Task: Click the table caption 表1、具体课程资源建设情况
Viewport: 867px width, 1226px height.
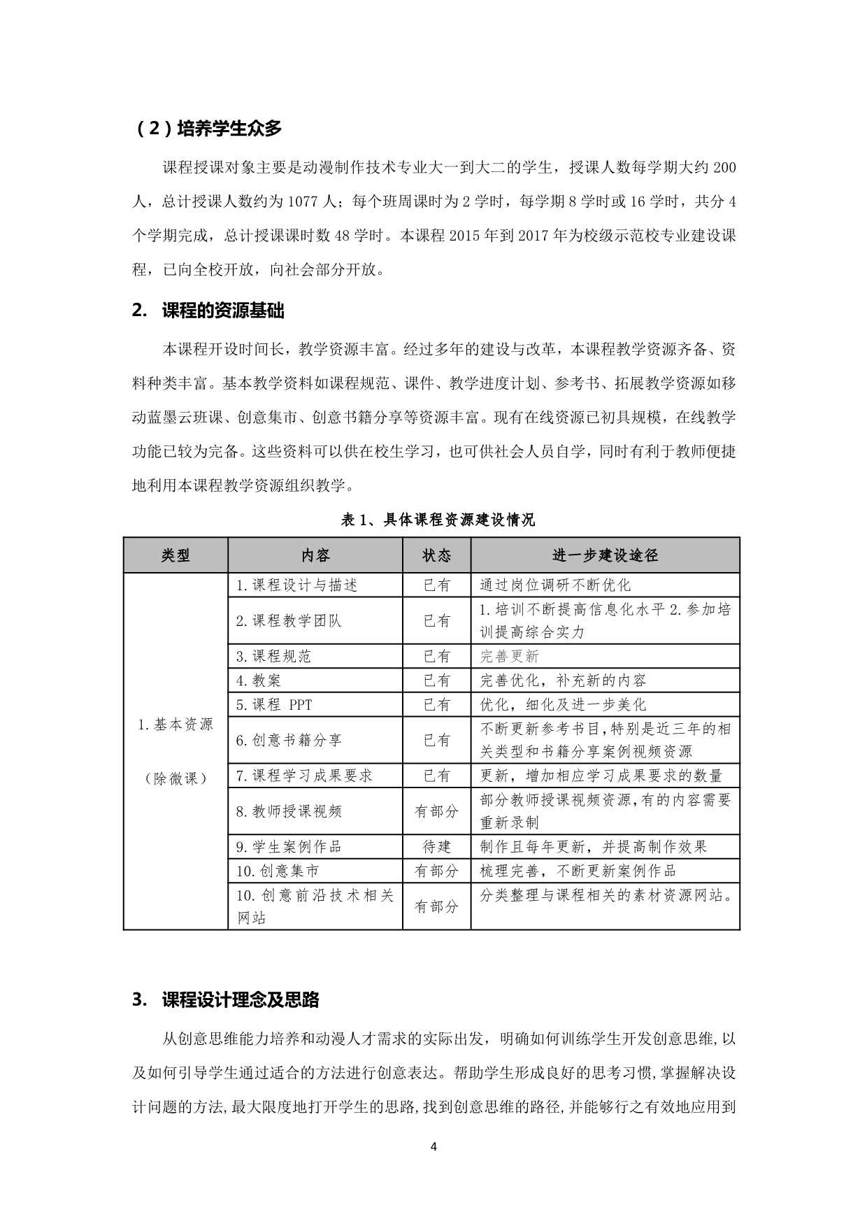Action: pos(438,520)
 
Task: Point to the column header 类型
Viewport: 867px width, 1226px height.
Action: pos(175,555)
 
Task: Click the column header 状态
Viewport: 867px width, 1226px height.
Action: pos(436,555)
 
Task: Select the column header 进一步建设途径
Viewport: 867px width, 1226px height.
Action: pos(605,555)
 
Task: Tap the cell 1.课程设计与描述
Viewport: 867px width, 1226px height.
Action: pos(296,585)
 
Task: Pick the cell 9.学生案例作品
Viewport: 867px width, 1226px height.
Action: pos(289,846)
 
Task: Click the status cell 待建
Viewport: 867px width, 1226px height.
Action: pos(436,846)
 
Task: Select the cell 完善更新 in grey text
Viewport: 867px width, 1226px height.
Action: pos(510,656)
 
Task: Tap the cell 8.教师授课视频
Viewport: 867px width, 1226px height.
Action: pos(289,811)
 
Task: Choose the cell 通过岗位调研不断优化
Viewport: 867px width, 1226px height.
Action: pos(555,585)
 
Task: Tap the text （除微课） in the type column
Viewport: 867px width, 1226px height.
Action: pos(175,778)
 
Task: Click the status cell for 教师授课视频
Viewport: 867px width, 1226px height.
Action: pos(436,811)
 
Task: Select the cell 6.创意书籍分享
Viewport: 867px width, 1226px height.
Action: pos(289,740)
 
